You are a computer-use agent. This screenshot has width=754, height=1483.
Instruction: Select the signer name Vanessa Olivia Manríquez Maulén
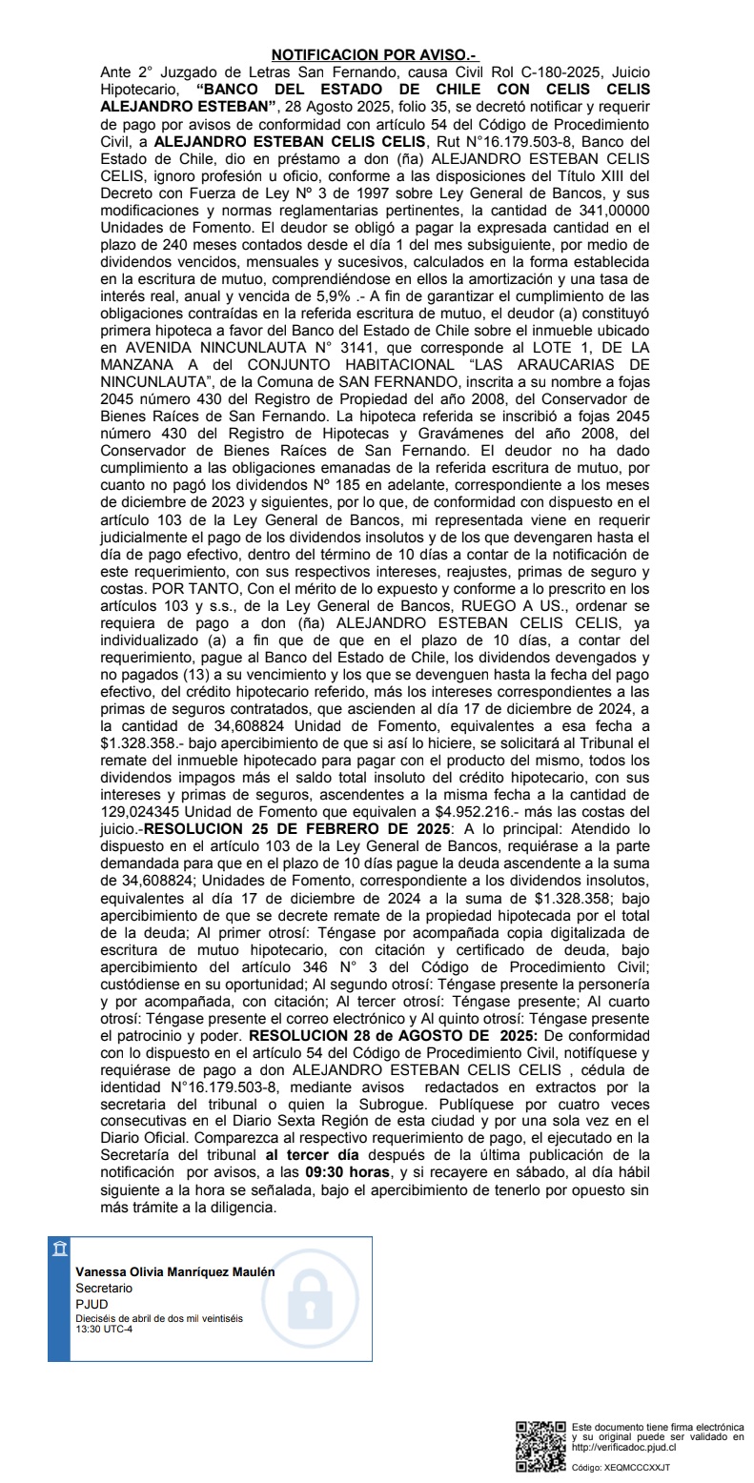pyautogui.click(x=175, y=1271)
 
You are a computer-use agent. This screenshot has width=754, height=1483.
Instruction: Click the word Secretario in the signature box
pyautogui.click(x=104, y=1288)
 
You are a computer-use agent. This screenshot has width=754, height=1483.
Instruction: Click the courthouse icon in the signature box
pyautogui.click(x=60, y=1249)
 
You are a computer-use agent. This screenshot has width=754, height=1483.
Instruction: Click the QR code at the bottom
pyautogui.click(x=540, y=1446)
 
